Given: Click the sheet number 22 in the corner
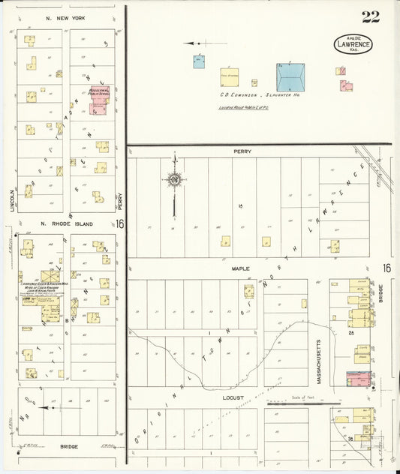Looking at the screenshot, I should (370, 17).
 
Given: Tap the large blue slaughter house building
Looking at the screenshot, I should (290, 77).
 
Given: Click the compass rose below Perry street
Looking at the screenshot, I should (173, 179).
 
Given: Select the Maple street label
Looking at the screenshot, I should (240, 268).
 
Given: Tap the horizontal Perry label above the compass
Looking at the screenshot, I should (242, 151).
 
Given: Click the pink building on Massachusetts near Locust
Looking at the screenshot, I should (359, 379).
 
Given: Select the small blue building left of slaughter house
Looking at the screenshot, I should (199, 61).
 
